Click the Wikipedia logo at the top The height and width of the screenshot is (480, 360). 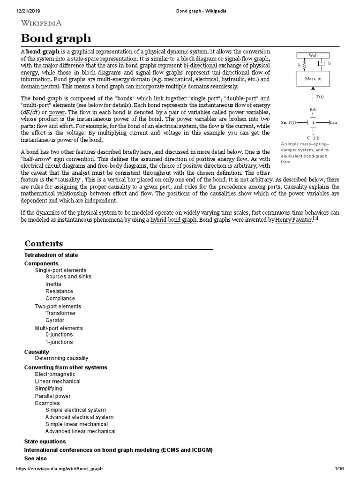click(41, 23)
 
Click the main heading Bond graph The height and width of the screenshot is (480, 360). click(56, 38)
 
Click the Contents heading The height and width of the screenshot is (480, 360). click(44, 244)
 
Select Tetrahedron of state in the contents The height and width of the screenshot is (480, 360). click(51, 255)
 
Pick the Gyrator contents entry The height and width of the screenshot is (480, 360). click(55, 320)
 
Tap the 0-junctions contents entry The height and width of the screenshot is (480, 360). click(59, 335)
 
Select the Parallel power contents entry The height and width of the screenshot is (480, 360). click(53, 396)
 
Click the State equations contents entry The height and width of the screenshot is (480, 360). click(45, 442)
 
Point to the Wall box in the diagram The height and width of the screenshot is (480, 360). click(313, 56)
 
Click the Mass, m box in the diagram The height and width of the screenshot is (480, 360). click(313, 79)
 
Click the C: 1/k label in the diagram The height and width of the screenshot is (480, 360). click(314, 137)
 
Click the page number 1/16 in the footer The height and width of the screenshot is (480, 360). click(339, 469)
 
